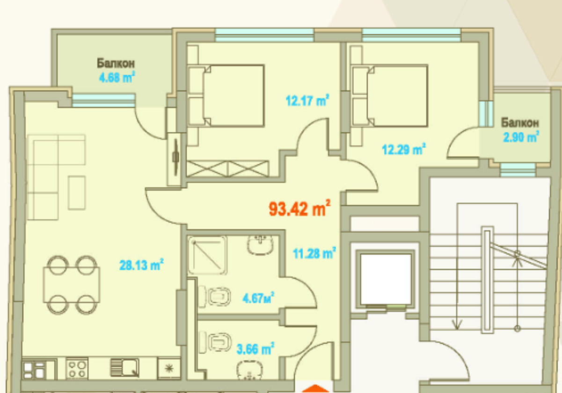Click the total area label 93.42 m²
click(299, 208)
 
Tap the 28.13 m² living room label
click(141, 264)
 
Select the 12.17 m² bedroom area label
click(307, 100)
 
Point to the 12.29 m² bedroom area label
click(404, 149)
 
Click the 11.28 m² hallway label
click(314, 253)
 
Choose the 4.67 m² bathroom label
click(258, 298)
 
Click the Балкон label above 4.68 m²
click(116, 64)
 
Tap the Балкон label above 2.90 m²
click(519, 123)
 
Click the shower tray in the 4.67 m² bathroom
click(208, 255)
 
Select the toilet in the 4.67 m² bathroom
click(215, 297)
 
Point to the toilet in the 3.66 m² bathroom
click(215, 342)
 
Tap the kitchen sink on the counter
click(124, 368)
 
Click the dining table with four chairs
click(72, 285)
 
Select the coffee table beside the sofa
click(77, 193)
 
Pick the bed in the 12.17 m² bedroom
click(226, 95)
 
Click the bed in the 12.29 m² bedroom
click(389, 95)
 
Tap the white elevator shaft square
click(386, 279)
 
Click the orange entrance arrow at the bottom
click(315, 388)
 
